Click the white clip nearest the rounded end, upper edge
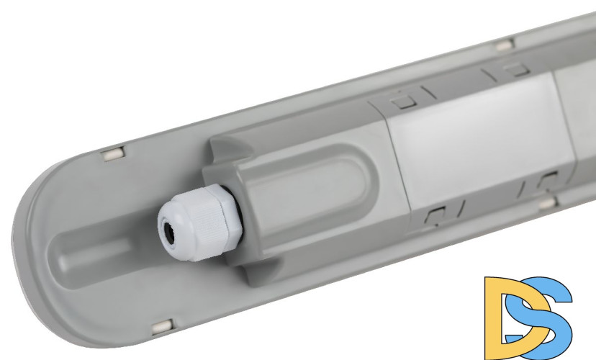[112, 154]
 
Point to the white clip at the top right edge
[505, 45]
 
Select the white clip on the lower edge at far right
[548, 202]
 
